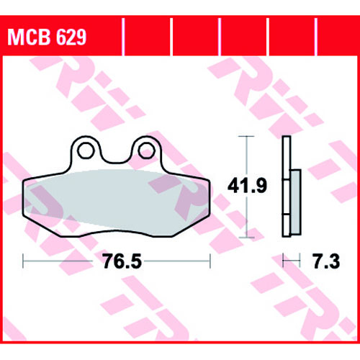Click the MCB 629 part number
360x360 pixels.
tap(47, 37)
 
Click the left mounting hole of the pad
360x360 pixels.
tap(86, 150)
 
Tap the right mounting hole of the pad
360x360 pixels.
tap(146, 150)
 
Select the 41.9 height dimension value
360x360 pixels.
tap(247, 186)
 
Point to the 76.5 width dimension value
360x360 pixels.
tap(122, 261)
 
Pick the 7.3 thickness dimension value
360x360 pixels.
tap(326, 261)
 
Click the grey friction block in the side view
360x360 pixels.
tap(296, 202)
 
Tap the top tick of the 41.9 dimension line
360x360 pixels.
tap(246, 136)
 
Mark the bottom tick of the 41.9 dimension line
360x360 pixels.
tap(246, 238)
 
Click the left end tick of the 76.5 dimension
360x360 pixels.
tap(23, 261)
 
